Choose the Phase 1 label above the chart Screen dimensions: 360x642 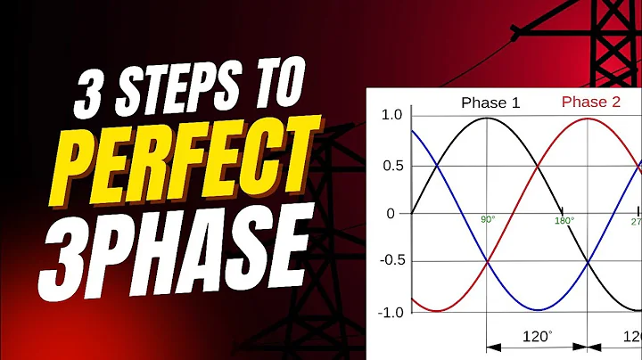point(490,102)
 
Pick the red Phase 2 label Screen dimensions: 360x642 point(590,102)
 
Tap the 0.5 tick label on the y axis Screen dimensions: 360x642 point(391,166)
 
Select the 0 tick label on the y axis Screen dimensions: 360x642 point(391,214)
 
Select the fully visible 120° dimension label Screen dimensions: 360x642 point(536,339)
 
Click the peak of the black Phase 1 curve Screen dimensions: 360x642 point(487,118)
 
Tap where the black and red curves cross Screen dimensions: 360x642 point(538,166)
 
